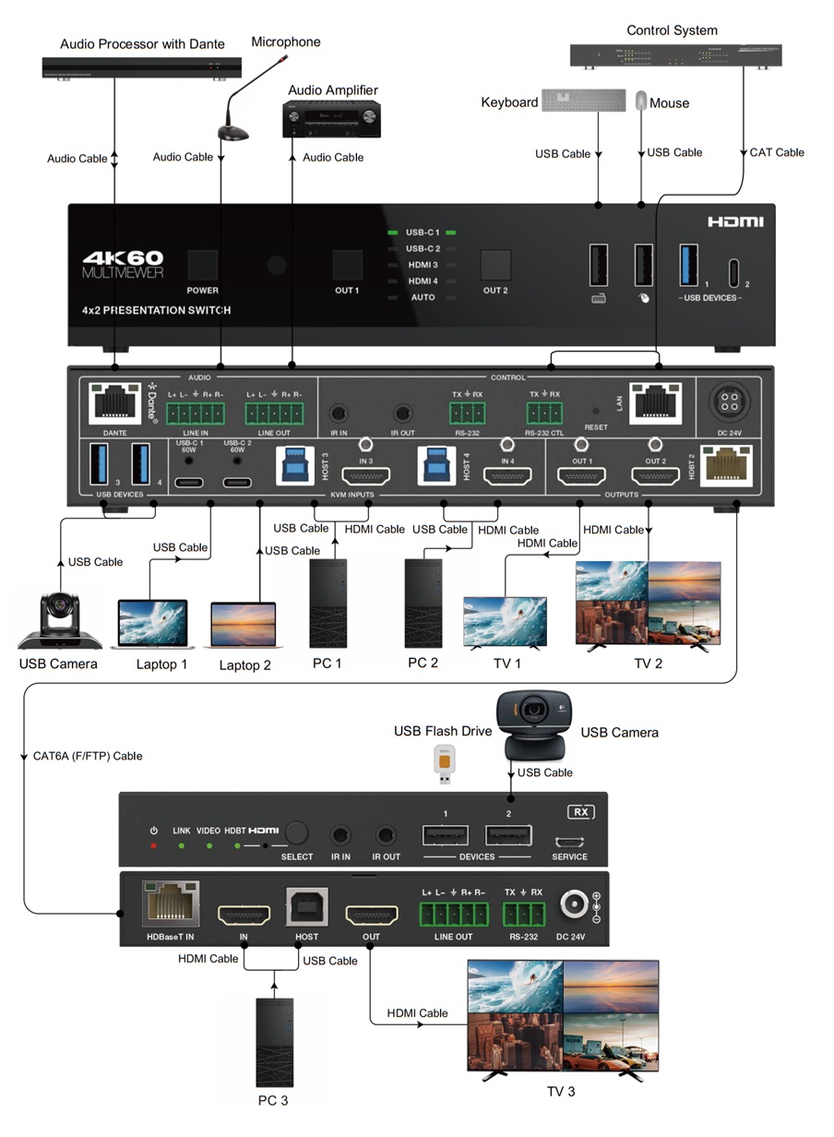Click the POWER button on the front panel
pyautogui.click(x=202, y=265)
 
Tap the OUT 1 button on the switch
pyautogui.click(x=347, y=265)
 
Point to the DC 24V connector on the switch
pyautogui.click(x=731, y=403)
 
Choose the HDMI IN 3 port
pyautogui.click(x=365, y=477)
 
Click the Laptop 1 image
pyautogui.click(x=152, y=624)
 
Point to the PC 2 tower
pyautogui.click(x=423, y=604)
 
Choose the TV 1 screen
pyautogui.click(x=505, y=620)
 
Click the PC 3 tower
pyautogui.click(x=273, y=1041)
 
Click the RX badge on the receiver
pyautogui.click(x=581, y=813)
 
